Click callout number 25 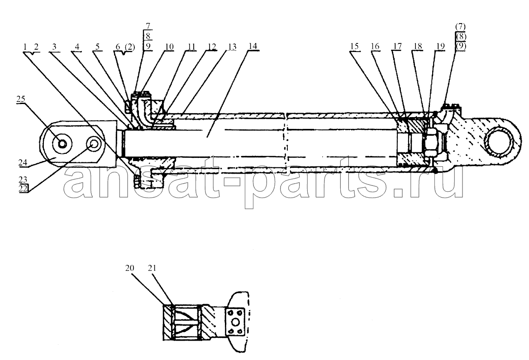pos(20,99)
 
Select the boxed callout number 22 pos(23,189)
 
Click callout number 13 pos(232,46)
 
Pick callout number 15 pos(355,46)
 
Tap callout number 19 pos(440,46)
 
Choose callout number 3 pos(54,46)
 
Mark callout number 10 pos(169,46)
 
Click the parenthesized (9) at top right pos(461,46)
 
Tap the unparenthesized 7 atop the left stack pos(148,26)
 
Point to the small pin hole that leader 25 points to pos(62,144)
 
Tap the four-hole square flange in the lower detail pos(235,322)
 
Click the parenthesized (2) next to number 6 pos(129,47)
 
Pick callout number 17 pos(397,46)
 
